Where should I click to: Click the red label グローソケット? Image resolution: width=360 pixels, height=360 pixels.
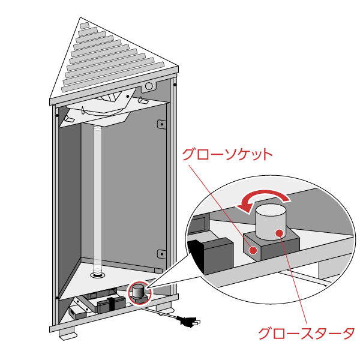point(227,154)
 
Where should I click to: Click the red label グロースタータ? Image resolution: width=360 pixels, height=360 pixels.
point(305,333)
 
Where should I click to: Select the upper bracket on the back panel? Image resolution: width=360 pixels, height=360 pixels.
point(161,124)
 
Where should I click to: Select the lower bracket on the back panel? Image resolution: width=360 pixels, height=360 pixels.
point(161,253)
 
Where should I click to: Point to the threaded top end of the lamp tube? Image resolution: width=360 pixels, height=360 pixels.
point(96,129)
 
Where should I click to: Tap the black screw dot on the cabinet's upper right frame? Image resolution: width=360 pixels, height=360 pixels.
point(175,83)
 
